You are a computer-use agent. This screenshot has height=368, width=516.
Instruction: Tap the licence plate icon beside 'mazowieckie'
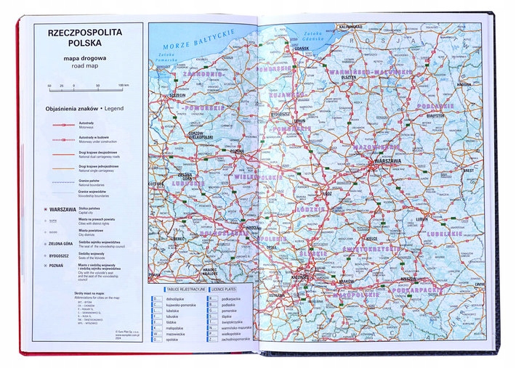(158, 332)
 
